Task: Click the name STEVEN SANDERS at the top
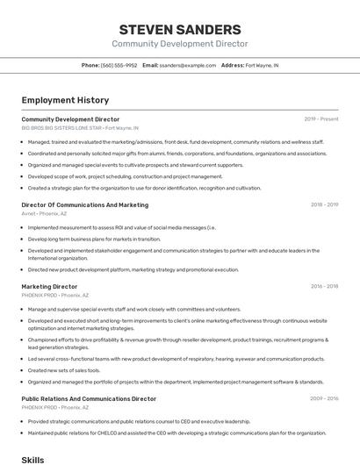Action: click(179, 29)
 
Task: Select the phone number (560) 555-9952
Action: click(119, 65)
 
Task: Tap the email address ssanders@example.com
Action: click(188, 65)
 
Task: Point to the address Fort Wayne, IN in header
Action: click(263, 65)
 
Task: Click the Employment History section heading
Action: click(65, 100)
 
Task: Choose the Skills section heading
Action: click(32, 459)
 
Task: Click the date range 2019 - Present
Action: click(321, 118)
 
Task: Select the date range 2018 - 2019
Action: click(324, 204)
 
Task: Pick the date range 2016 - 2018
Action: click(324, 286)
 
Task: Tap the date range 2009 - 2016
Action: click(324, 398)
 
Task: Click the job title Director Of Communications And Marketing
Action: click(84, 204)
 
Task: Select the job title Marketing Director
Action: click(49, 286)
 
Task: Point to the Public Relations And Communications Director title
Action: click(89, 398)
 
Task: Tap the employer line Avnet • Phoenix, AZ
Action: click(44, 213)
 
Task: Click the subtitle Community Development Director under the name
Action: click(179, 44)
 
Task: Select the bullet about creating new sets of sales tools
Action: click(64, 369)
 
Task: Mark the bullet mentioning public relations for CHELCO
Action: click(176, 433)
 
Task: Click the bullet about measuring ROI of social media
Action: click(121, 227)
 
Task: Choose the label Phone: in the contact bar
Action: click(90, 65)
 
